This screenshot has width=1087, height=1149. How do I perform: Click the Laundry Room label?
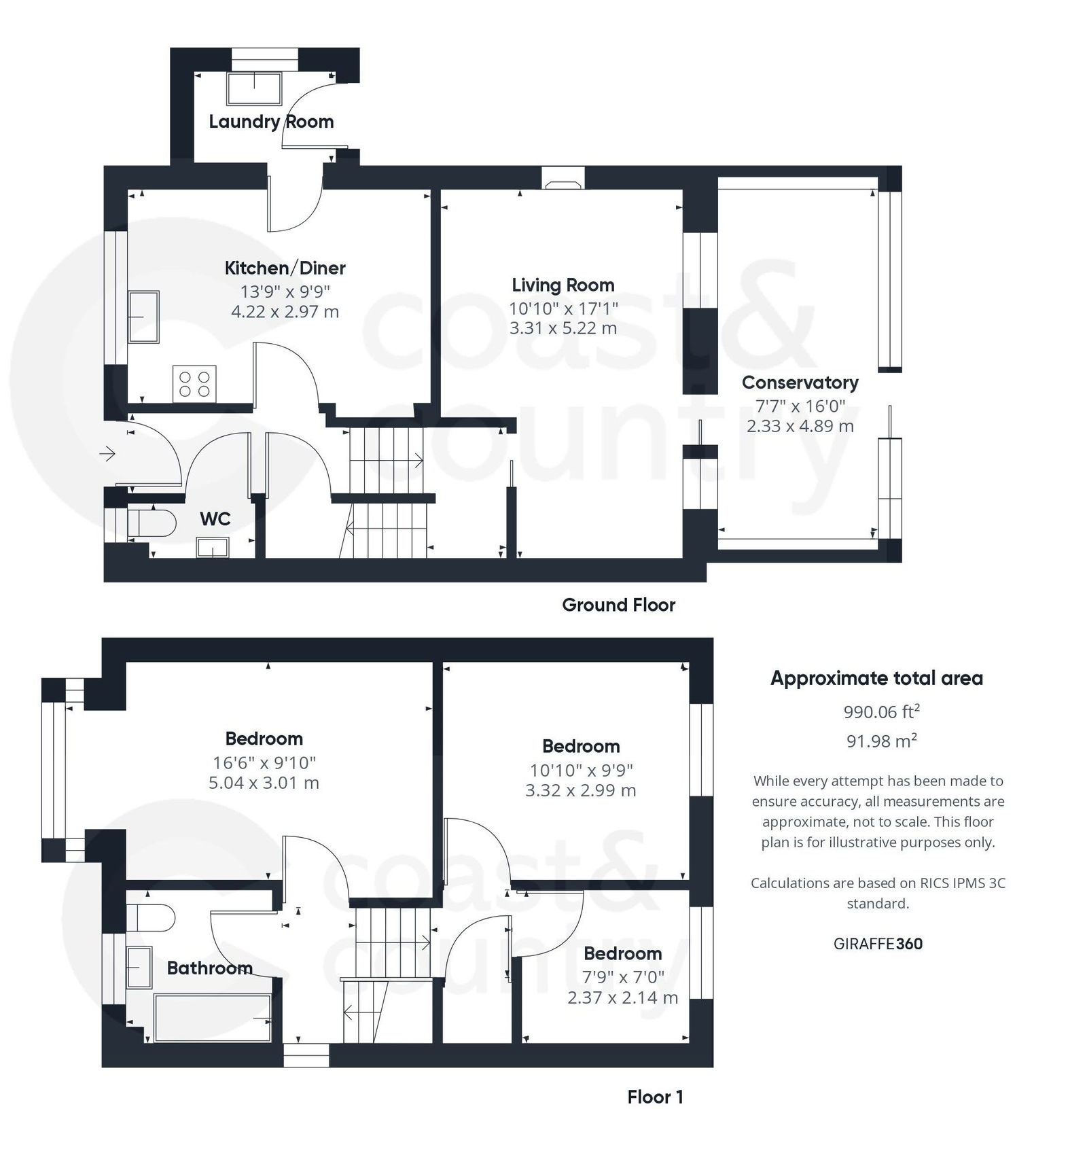pos(271,122)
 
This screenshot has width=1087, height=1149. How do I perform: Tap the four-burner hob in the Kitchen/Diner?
pos(194,384)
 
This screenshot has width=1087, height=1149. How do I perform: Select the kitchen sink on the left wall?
pos(143,317)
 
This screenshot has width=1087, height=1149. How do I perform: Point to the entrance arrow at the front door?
pos(107,453)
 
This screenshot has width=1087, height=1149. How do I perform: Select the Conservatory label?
pos(800,383)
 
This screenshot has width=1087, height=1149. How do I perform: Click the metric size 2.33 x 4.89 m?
pos(800,426)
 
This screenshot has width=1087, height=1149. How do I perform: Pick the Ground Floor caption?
pos(618,605)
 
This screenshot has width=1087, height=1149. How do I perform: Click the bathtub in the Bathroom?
pos(213,1017)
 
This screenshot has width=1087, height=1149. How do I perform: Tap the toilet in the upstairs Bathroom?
pos(150,917)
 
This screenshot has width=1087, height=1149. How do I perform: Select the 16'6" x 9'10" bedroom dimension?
pos(264,762)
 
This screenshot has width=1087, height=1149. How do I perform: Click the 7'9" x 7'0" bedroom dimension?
pos(623,977)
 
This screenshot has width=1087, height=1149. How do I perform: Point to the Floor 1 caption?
pos(655,1097)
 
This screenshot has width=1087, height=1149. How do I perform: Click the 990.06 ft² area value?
pos(881,711)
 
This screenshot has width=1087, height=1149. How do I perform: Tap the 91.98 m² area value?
pos(881,741)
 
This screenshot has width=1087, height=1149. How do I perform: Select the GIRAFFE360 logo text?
pos(878,944)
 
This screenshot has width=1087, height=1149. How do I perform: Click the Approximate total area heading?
pos(876,678)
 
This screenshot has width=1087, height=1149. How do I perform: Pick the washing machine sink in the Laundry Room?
pos(254,88)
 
